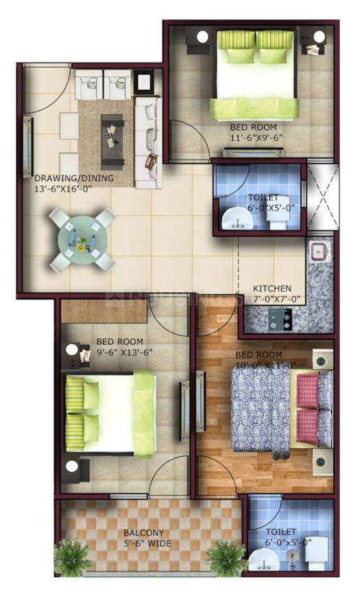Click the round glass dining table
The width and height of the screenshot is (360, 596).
pyautogui.click(x=82, y=239)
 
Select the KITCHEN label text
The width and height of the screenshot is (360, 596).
pyautogui.click(x=272, y=288)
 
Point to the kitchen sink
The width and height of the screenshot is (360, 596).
pyautogui.click(x=320, y=251)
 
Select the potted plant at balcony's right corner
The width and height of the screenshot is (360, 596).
pyautogui.click(x=226, y=556)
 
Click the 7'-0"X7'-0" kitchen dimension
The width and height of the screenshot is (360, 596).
pyautogui.click(x=273, y=300)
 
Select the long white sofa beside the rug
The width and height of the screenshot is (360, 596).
pyautogui.click(x=147, y=143)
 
